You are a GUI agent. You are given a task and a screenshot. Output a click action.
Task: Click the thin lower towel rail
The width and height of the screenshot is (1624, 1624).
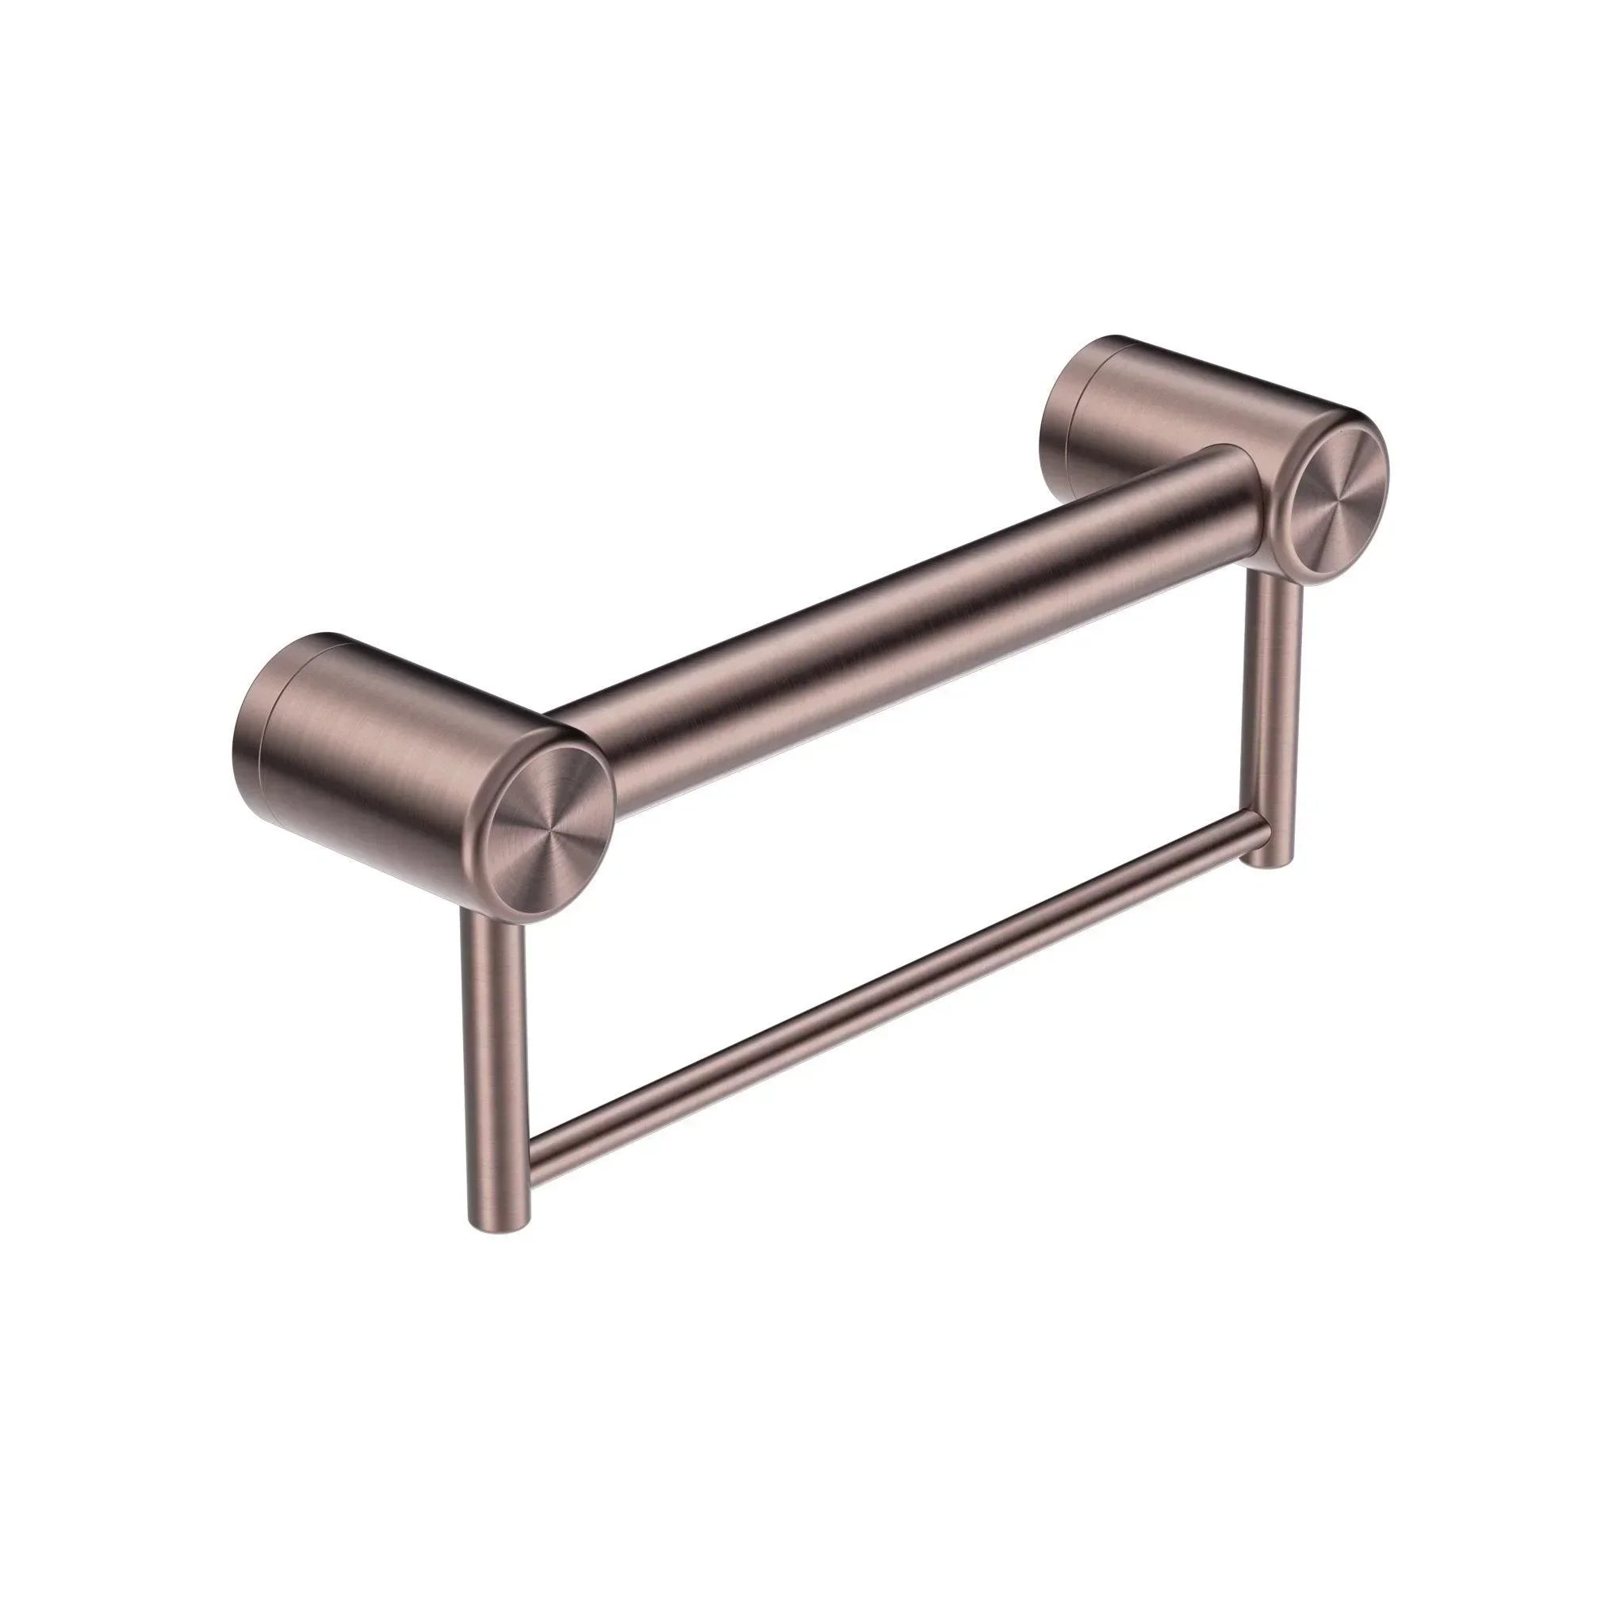click(x=891, y=1022)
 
